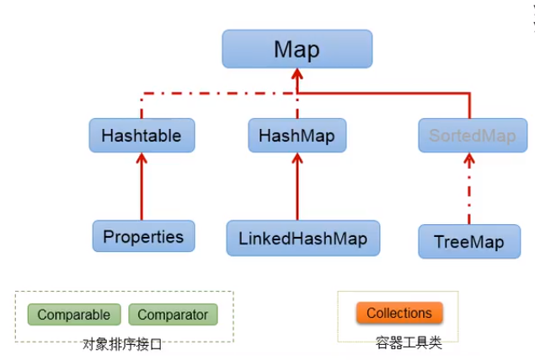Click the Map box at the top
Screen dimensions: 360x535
297,49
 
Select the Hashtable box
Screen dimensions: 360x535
142,135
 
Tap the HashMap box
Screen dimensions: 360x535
297,135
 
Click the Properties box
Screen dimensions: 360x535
143,237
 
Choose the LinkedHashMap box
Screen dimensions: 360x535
302,238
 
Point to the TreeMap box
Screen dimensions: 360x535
469,242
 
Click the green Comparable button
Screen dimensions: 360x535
74,315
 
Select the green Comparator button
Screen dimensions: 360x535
173,315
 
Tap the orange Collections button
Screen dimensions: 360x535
399,313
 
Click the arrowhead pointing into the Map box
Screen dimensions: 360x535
297,76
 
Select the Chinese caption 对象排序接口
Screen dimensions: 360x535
122,343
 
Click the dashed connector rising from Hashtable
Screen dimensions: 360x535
142,105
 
